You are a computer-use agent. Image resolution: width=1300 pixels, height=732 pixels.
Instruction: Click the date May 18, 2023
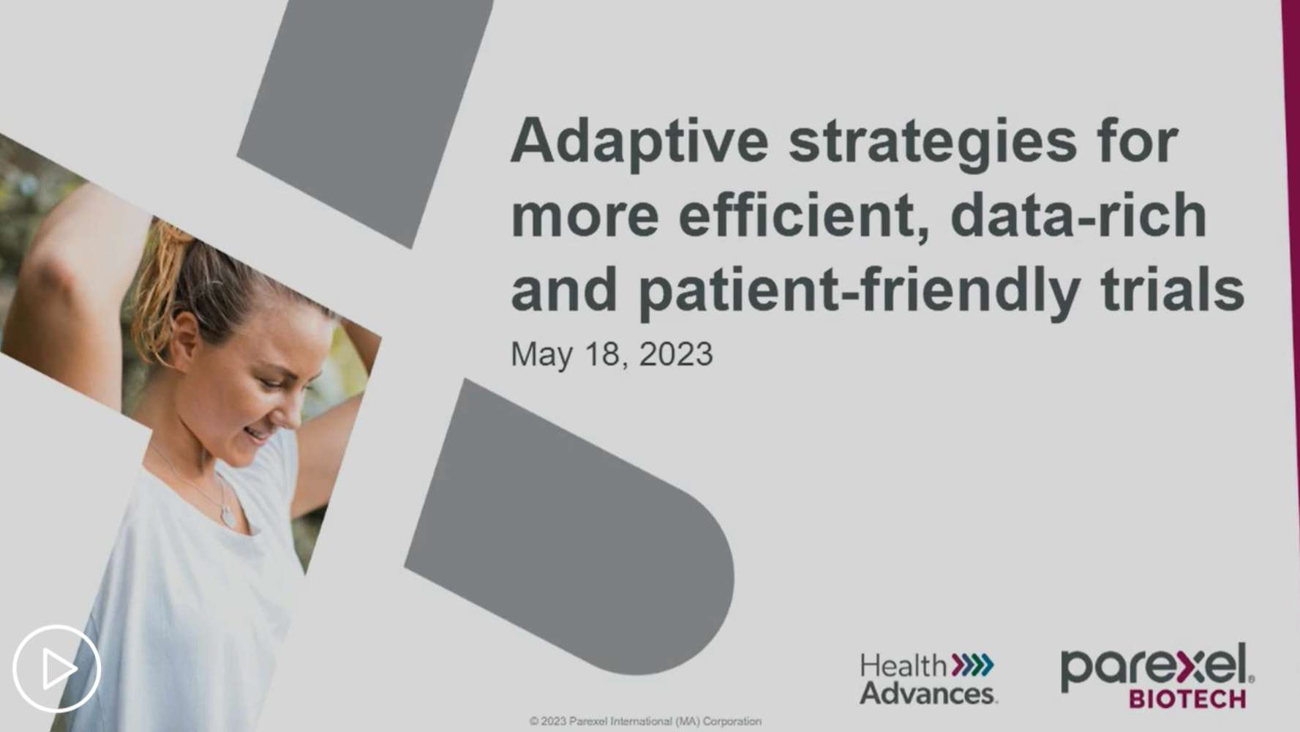pos(612,355)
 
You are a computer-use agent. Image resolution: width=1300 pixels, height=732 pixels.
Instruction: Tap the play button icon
pos(56,668)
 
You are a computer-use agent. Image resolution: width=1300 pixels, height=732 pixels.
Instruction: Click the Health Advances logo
pos(928,679)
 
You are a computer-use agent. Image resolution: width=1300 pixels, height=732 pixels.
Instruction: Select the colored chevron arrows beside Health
pos(972,665)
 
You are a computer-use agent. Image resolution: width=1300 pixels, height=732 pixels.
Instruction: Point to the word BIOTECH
pos(1187,698)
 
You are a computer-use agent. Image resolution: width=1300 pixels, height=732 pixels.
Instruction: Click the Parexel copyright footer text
pos(645,722)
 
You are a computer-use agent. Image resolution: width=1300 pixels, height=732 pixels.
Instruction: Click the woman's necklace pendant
pos(229,515)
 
